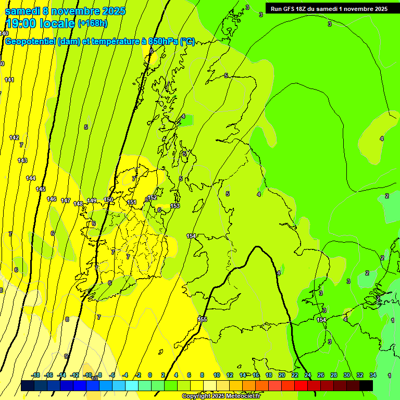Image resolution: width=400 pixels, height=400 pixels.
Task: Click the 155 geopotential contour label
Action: click(203, 319)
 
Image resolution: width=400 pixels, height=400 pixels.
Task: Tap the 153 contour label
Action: click(175, 206)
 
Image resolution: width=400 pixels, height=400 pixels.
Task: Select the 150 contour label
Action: click(108, 199)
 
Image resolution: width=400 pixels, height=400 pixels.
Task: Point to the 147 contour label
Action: click(66, 201)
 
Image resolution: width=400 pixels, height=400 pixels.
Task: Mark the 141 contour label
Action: click(9, 80)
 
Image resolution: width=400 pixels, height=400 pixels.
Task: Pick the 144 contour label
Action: click(31, 178)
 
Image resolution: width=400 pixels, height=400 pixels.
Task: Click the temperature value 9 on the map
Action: click(66, 356)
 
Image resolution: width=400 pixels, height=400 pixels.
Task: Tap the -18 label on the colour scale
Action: click(35, 375)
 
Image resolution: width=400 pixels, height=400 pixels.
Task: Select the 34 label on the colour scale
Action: click(373, 375)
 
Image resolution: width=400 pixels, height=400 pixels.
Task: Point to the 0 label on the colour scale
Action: click(150, 375)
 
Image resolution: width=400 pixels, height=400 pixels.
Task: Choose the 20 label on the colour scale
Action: click(282, 375)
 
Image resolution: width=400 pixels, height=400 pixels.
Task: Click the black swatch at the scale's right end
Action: click(366, 385)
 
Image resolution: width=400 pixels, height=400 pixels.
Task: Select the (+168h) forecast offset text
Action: click(92, 23)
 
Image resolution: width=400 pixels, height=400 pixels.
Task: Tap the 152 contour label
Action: click(153, 197)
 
